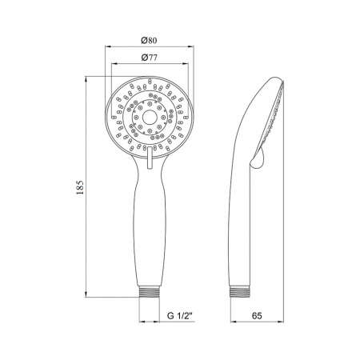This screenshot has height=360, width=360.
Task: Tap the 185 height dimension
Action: coord(78,189)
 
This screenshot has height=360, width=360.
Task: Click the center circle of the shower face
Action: coord(148,115)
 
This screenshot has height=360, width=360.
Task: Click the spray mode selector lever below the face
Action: coord(149,160)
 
